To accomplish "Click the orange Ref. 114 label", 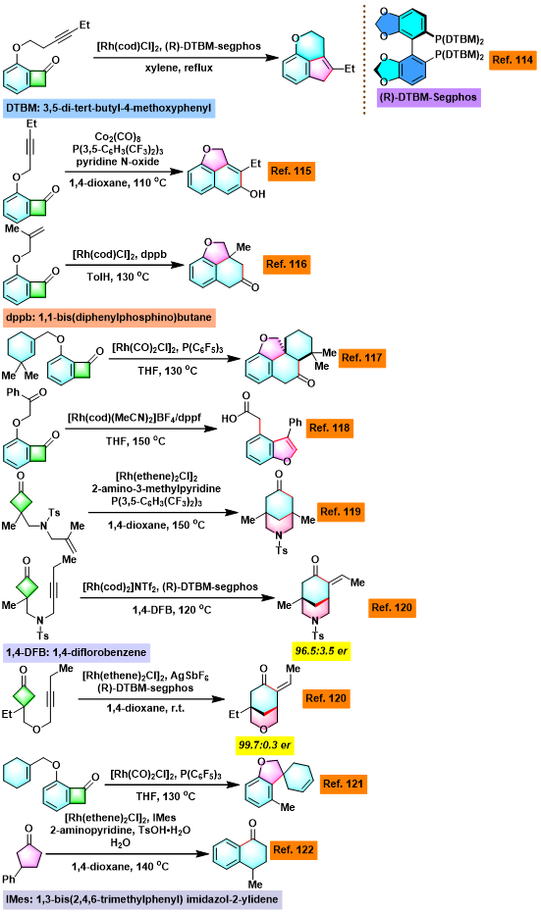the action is tap(513, 60).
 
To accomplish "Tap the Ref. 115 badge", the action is tap(292, 172).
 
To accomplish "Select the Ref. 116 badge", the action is tap(287, 264).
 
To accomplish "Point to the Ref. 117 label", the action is tap(362, 358).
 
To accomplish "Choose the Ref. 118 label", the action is tap(329, 428).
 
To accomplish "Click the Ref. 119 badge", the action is tap(341, 512).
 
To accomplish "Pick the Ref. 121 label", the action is tap(344, 784).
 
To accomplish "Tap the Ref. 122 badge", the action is tap(294, 849).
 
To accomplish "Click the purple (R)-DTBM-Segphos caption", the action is tap(428, 97).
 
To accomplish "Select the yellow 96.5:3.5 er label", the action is tap(320, 650).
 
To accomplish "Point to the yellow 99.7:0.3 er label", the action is tap(265, 744).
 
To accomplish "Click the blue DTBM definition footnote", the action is tap(109, 108).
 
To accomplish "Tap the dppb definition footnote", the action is tap(109, 318).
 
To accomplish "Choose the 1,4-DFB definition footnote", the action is tap(77, 652).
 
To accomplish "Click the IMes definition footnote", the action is tap(141, 899).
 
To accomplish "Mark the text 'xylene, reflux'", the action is tap(179, 68).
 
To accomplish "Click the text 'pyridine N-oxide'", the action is tap(118, 161).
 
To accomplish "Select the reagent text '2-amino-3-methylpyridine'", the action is tap(156, 488).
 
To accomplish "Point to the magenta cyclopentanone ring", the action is tap(27, 854).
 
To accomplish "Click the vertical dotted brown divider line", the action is tap(365, 59).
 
